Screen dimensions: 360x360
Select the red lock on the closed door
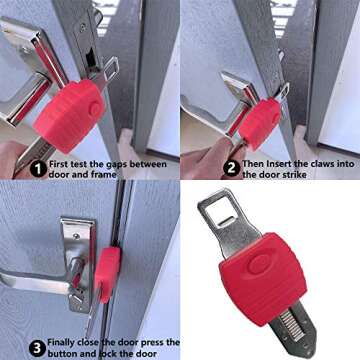coord(107,269)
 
